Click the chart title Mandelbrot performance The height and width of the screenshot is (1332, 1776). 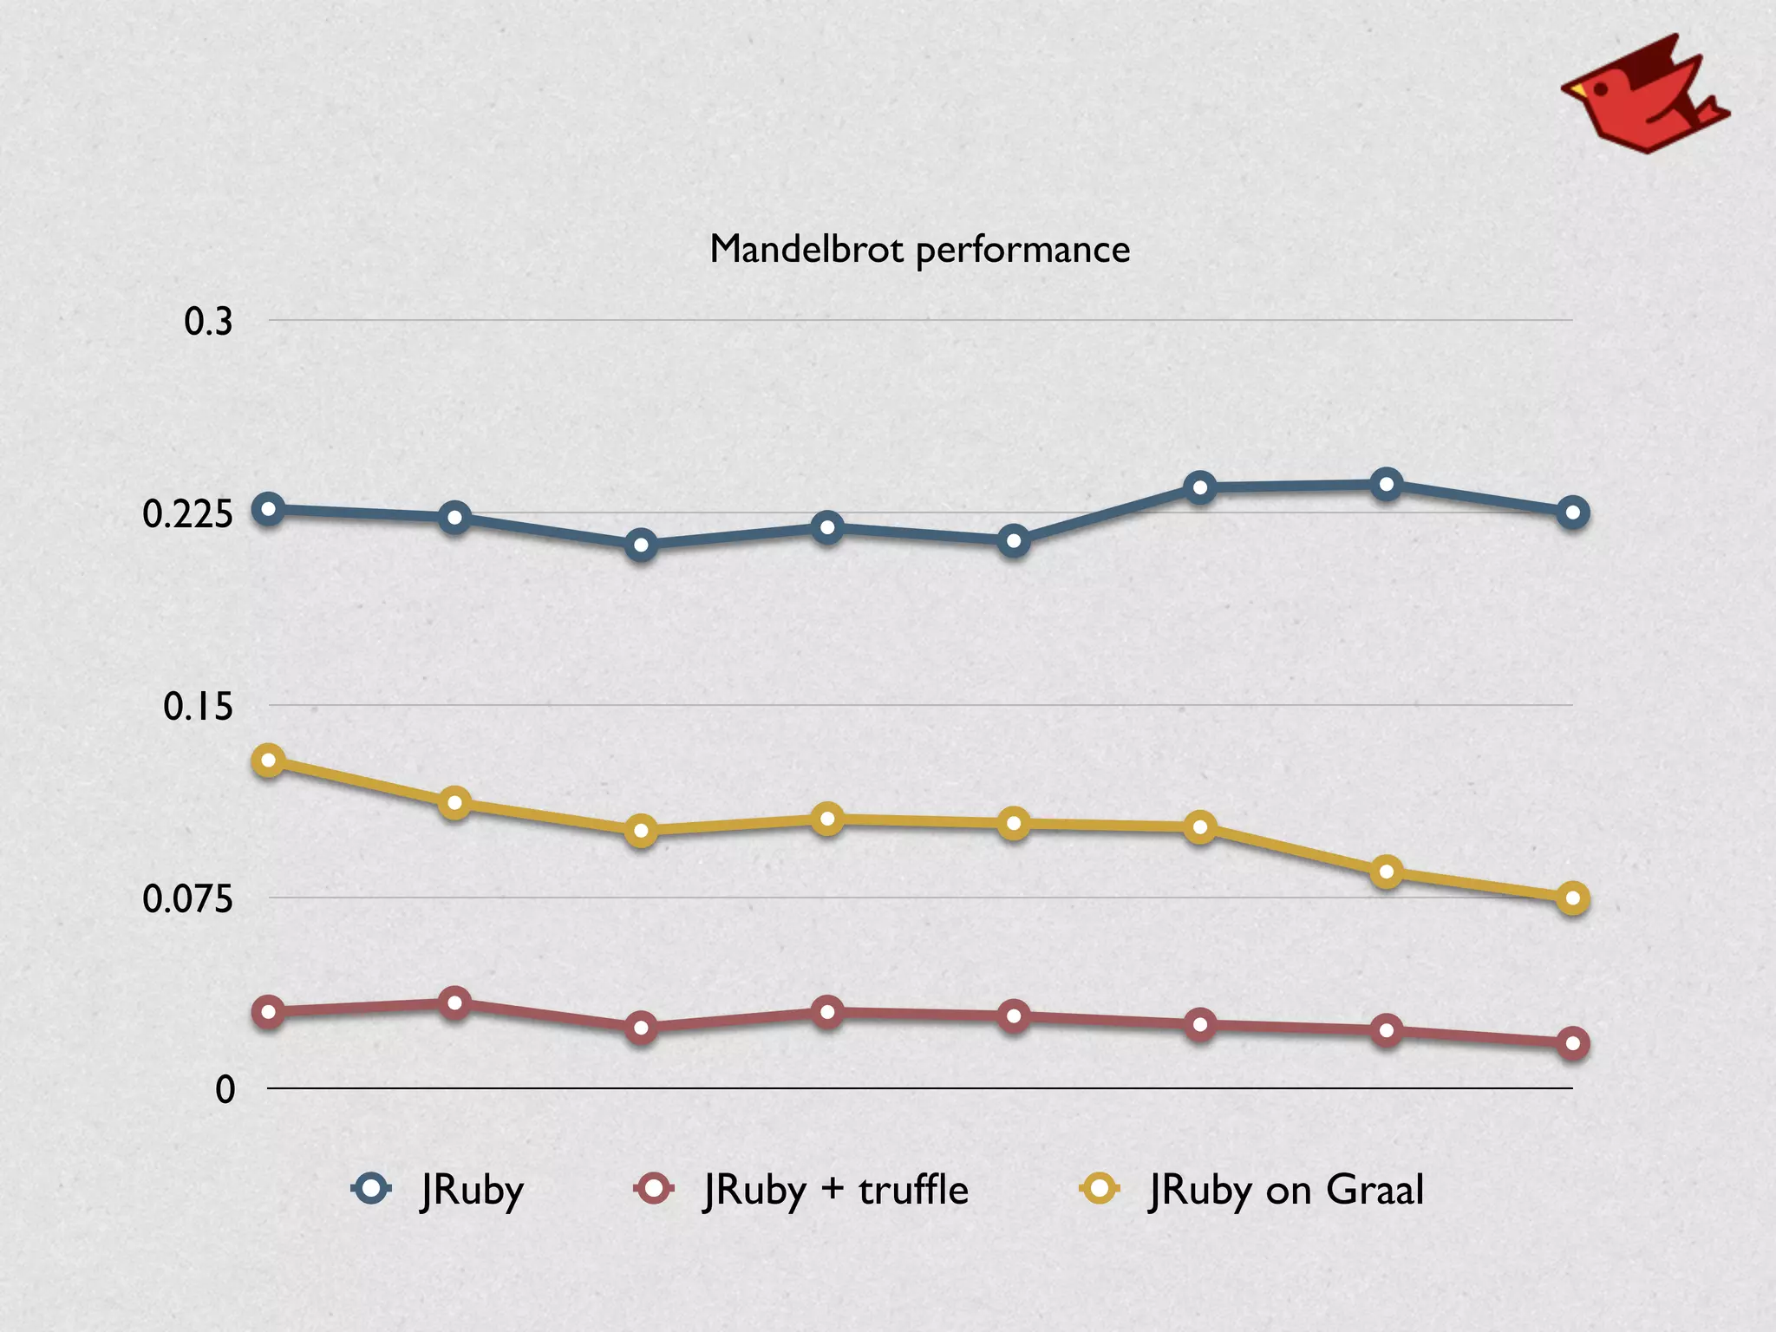[919, 250]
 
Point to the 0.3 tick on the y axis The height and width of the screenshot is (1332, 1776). [208, 322]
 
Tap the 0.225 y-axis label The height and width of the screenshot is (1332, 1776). [188, 514]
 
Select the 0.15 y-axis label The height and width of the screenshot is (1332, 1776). [199, 707]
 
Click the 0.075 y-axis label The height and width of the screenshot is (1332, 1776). [188, 898]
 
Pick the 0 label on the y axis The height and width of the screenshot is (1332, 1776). [225, 1090]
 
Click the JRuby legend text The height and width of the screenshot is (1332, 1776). [473, 1190]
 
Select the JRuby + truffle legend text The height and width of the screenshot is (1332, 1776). [836, 1190]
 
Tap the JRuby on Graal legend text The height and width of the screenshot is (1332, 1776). [1287, 1190]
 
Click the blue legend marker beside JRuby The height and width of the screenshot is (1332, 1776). [372, 1188]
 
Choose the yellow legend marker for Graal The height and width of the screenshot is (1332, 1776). [1100, 1188]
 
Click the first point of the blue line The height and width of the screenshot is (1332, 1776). [268, 509]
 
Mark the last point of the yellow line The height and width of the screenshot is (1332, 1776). [1572, 898]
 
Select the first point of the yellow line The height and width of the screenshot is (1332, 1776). [268, 761]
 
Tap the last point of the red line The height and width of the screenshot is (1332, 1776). [1572, 1043]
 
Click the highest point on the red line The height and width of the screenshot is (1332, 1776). [454, 1003]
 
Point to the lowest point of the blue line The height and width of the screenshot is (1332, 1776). [641, 545]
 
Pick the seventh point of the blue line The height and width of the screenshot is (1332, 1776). [1386, 484]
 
